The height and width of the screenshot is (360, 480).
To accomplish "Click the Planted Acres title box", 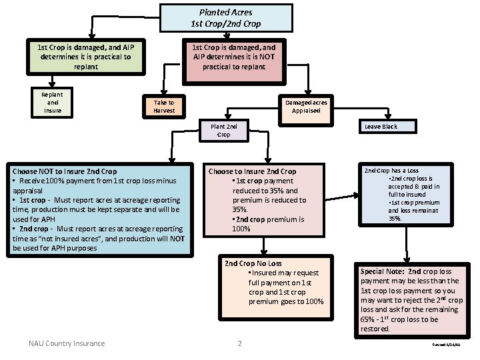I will [225, 18].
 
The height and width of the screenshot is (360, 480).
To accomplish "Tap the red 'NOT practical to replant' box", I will [233, 57].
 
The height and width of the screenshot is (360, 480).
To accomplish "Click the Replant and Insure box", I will [53, 103].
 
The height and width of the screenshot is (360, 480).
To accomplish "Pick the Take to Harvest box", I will [164, 107].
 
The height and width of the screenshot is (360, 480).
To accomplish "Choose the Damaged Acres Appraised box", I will [306, 107].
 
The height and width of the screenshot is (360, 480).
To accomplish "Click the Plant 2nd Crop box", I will [223, 130].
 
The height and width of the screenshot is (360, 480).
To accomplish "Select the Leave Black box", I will [381, 127].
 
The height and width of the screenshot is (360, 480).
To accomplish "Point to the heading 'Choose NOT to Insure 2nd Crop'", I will [65, 171].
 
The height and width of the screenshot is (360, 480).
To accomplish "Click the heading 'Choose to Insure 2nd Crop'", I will [252, 171].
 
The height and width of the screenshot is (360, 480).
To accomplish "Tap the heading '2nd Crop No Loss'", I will [253, 263].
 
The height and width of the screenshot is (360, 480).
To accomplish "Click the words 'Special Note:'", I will [382, 271].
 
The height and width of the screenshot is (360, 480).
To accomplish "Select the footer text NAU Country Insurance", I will [67, 343].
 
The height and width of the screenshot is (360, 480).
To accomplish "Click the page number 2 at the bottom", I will [239, 343].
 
